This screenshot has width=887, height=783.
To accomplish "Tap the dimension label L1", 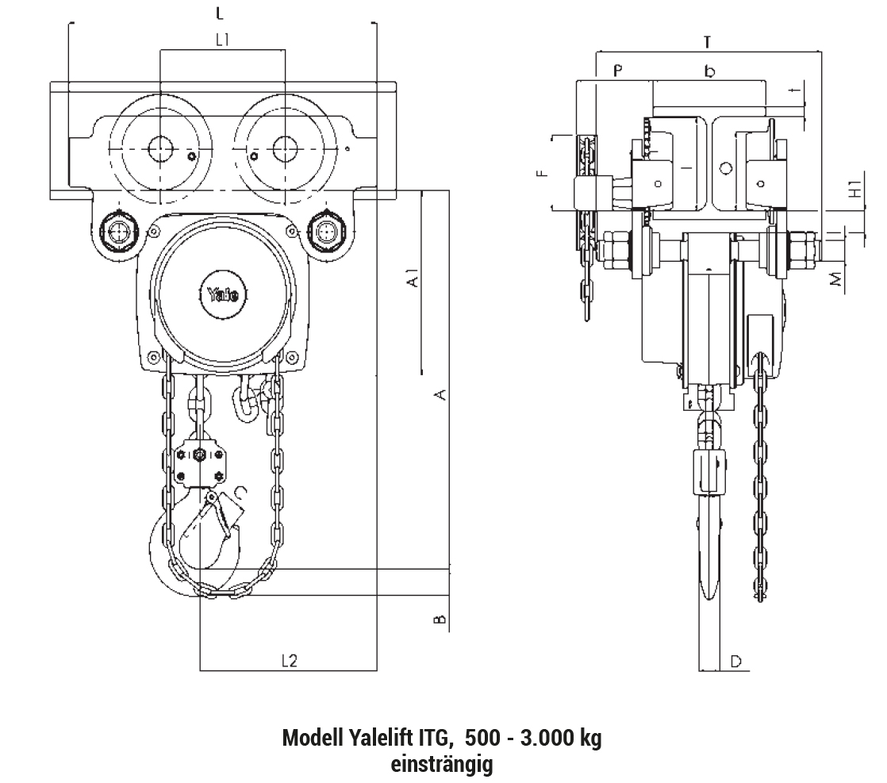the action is tap(222, 40).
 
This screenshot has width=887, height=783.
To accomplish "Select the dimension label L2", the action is tap(289, 660).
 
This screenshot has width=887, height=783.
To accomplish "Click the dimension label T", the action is tap(707, 42).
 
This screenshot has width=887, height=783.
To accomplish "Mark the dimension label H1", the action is tap(856, 188).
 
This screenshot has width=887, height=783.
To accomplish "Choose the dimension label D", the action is tap(736, 661).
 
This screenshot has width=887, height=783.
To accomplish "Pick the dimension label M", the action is tap(836, 279).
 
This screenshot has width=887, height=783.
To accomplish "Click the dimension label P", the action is tap(618, 71).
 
